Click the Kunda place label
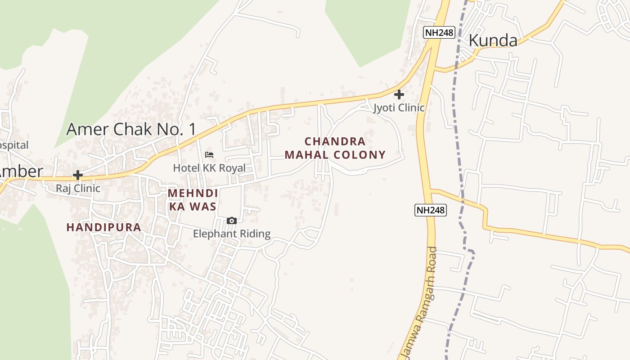(493, 40)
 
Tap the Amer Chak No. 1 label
(131, 130)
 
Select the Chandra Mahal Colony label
(335, 148)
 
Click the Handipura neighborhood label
(104, 227)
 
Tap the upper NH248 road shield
(439, 32)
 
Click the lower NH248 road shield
(431, 210)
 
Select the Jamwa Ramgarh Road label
(420, 304)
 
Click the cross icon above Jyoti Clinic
(399, 94)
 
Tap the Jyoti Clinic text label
(399, 108)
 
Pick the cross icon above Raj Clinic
(78, 175)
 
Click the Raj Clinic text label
(78, 188)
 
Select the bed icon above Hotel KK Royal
(209, 155)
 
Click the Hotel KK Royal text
(209, 168)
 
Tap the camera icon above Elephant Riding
(232, 220)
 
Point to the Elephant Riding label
(232, 234)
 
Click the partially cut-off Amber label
(21, 171)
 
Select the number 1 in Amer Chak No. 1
(193, 130)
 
